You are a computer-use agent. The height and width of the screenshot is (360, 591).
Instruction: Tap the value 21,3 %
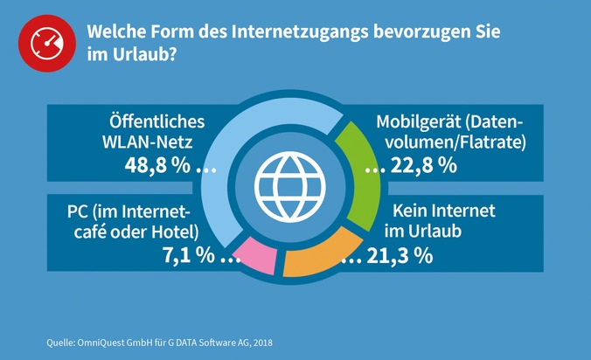(398, 256)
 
